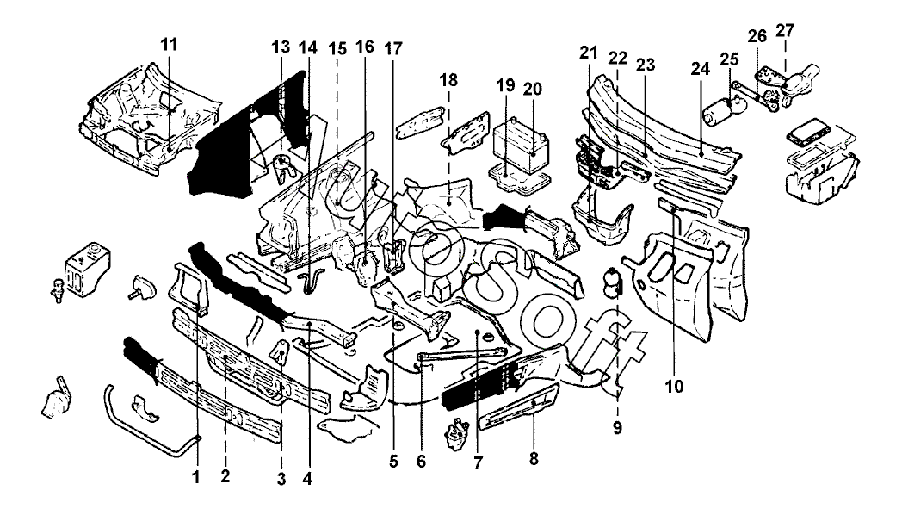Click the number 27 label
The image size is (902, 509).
tap(785, 31)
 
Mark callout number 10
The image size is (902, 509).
tap(674, 386)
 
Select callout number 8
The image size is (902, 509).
tap(534, 459)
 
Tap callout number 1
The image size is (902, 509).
tap(195, 475)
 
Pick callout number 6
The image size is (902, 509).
tap(421, 461)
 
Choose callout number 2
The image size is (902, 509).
tap(225, 475)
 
